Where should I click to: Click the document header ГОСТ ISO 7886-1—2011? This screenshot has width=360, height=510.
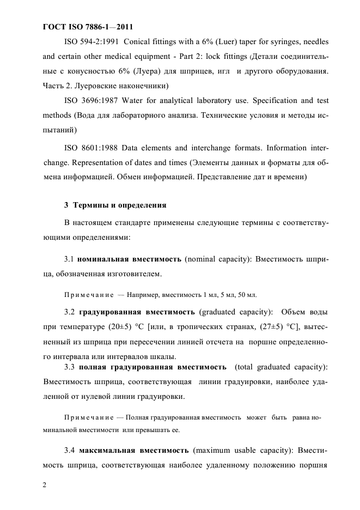click(88, 26)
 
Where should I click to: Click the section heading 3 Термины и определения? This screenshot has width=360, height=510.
click(115, 205)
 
